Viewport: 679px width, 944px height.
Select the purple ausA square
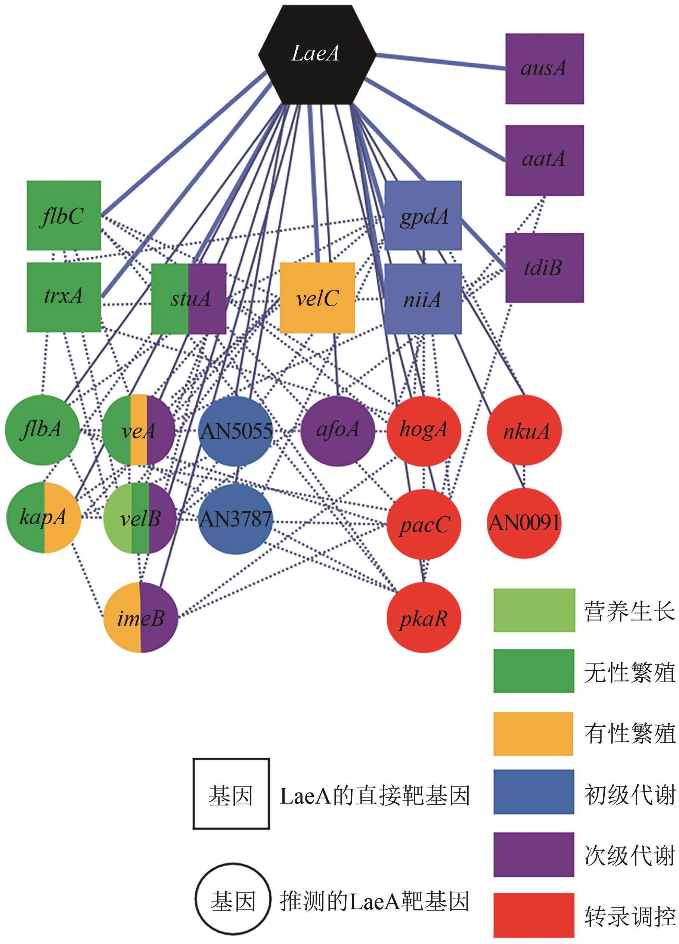(x=544, y=69)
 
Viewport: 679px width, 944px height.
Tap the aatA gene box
(x=544, y=160)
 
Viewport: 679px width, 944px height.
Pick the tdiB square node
(x=544, y=268)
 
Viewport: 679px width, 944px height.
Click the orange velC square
(x=317, y=298)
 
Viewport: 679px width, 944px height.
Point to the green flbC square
(x=64, y=215)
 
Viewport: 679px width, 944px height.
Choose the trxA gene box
(x=64, y=297)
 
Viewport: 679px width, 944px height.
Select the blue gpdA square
(x=423, y=215)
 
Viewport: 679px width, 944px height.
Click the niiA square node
(x=423, y=298)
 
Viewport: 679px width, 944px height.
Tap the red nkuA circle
(x=524, y=431)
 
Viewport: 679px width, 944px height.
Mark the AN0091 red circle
(x=524, y=523)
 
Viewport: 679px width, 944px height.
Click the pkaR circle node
(x=424, y=618)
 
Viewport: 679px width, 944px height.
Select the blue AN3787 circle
(x=236, y=519)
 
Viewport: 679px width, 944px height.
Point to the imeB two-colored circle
(x=141, y=618)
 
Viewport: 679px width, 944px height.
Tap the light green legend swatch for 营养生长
(x=534, y=610)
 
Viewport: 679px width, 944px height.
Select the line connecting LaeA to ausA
(x=441, y=61)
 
